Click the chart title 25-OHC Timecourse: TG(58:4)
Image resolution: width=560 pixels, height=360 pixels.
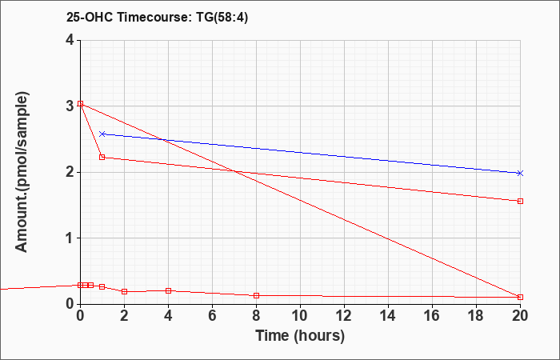pos(157,17)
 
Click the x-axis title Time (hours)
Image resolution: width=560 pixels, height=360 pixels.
pos(300,336)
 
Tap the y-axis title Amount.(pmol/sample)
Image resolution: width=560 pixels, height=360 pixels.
pos(22,172)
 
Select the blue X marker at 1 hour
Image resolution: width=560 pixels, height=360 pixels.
pos(102,134)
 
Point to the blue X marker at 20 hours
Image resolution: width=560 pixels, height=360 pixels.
pos(520,174)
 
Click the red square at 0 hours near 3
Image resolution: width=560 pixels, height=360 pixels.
pos(80,103)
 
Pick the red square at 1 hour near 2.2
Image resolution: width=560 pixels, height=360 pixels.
pos(102,157)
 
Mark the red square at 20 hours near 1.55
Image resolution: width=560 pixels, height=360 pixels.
pos(520,201)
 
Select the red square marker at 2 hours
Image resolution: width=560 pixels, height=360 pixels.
pos(124,291)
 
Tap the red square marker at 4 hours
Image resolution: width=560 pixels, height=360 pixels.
pos(169,290)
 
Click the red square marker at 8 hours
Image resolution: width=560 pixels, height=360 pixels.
pos(257,295)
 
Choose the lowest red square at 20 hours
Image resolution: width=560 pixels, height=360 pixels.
pos(520,297)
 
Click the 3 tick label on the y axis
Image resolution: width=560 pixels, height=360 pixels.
pos(71,106)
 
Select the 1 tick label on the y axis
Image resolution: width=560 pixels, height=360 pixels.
pos(71,238)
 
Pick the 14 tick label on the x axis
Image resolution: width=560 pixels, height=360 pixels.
pos(388,316)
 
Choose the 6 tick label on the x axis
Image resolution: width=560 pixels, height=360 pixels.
pos(213,316)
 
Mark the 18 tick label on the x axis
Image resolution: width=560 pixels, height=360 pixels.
pos(477,316)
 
